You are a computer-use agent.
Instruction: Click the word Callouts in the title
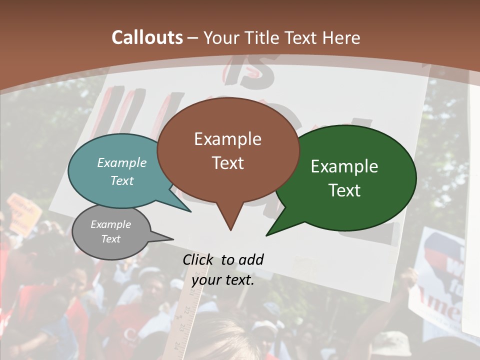point(147,37)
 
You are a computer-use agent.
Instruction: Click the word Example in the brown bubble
point(227,139)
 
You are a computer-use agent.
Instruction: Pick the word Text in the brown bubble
point(227,163)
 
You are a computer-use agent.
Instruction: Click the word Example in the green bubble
point(344,166)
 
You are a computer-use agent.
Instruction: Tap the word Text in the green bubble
point(344,190)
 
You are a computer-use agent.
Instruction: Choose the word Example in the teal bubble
point(122,163)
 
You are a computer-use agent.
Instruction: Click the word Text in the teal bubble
point(122,180)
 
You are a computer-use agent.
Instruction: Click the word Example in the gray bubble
point(111,224)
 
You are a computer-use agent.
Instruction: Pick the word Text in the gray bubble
point(111,239)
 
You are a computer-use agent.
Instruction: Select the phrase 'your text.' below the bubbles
point(223,280)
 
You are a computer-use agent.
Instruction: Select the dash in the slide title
point(193,38)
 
